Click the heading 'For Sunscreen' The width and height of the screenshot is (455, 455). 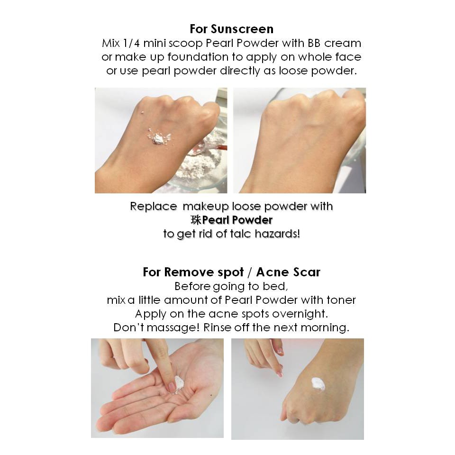click(232, 29)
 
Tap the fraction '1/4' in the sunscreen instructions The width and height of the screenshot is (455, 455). click(131, 43)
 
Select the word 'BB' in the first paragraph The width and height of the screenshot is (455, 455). click(313, 43)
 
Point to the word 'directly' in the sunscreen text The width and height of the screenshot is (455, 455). click(239, 71)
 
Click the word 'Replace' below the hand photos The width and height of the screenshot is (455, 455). click(154, 206)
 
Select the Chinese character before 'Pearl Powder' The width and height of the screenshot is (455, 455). click(196, 220)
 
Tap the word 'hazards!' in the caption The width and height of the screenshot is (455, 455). click(277, 234)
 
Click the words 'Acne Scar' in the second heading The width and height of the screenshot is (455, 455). click(288, 272)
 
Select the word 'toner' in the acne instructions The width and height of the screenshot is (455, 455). click(341, 300)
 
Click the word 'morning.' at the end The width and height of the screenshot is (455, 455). click(325, 328)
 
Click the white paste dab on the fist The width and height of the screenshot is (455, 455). click(318, 384)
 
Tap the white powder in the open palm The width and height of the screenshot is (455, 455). click(179, 383)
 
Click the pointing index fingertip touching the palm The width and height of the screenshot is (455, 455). click(172, 386)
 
